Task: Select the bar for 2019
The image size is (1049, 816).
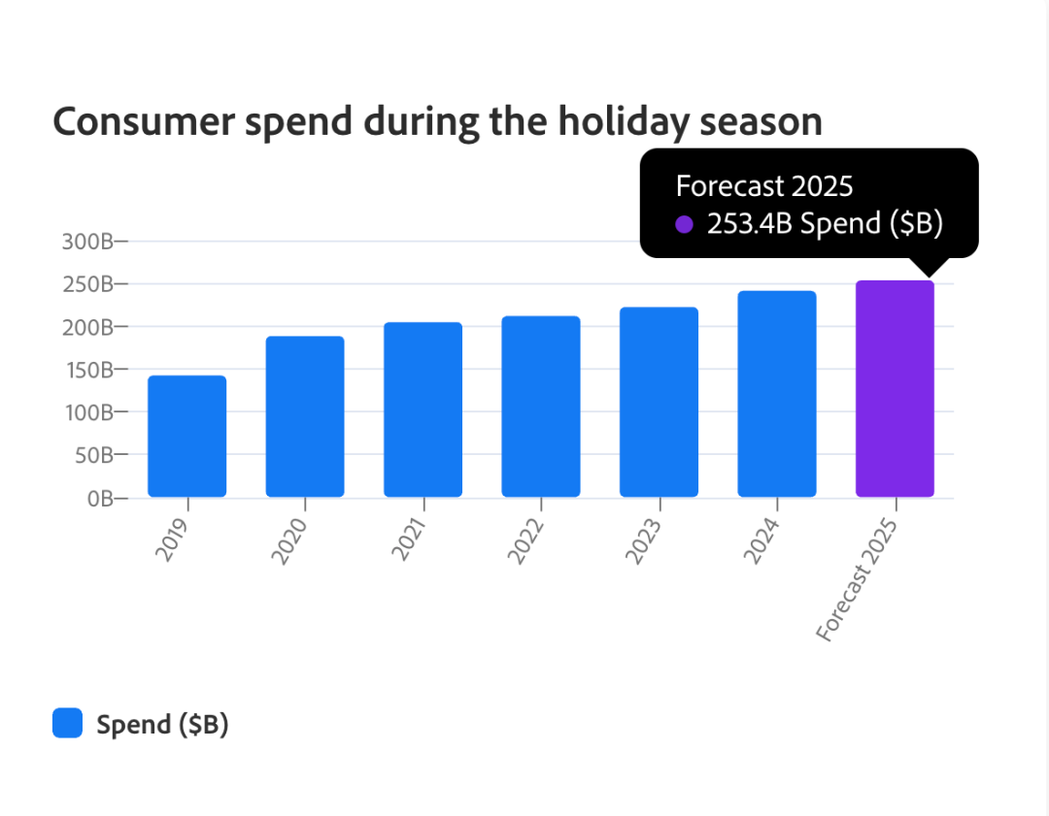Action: [x=186, y=437]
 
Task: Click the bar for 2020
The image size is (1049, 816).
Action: [x=305, y=417]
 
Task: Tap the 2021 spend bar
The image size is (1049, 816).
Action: [x=423, y=409]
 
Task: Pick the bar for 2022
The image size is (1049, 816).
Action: [x=541, y=407]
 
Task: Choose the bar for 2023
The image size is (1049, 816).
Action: [x=659, y=403]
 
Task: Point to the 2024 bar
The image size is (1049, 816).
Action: [x=777, y=394]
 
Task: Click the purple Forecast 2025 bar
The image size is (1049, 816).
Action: [x=895, y=389]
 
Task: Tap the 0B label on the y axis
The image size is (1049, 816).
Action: [x=99, y=498]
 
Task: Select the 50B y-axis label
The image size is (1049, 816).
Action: [x=94, y=455]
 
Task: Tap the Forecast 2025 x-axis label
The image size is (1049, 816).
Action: [x=857, y=582]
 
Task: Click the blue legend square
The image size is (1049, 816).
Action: [x=67, y=723]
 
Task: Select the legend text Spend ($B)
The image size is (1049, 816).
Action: [x=162, y=724]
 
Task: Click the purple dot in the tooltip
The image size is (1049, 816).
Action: [x=685, y=224]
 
